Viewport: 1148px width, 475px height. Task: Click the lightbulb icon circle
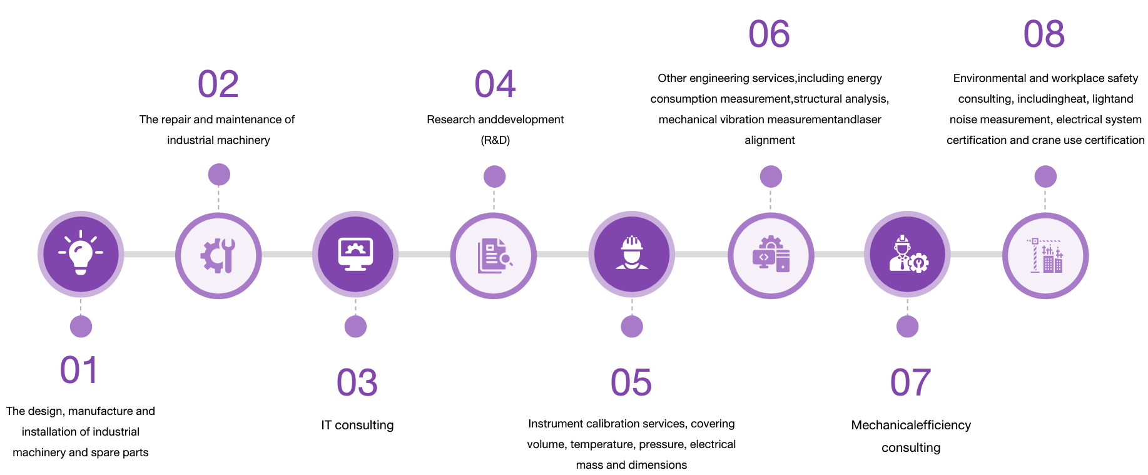(x=81, y=254)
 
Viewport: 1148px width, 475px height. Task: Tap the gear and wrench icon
(x=218, y=255)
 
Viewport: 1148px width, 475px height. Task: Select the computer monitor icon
(x=355, y=255)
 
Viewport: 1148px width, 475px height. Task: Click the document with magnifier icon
(x=494, y=255)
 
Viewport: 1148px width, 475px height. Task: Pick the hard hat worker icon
(x=631, y=254)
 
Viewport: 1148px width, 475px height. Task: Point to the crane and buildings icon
(x=1045, y=255)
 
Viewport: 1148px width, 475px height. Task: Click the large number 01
(x=79, y=370)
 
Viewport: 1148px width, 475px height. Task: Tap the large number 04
(x=495, y=84)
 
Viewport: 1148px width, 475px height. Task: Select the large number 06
(x=769, y=34)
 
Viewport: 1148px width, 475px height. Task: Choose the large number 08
(x=1044, y=34)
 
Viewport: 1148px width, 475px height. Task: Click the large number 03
(x=357, y=382)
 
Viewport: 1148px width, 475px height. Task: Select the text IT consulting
(x=357, y=425)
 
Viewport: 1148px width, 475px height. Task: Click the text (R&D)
(x=495, y=140)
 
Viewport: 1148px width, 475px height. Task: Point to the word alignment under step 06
(x=770, y=140)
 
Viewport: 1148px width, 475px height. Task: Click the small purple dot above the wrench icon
(x=218, y=175)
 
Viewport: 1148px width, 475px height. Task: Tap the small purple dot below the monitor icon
(x=355, y=326)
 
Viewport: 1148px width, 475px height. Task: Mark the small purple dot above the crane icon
(x=1045, y=176)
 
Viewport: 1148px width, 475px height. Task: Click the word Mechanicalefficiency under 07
(x=911, y=425)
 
